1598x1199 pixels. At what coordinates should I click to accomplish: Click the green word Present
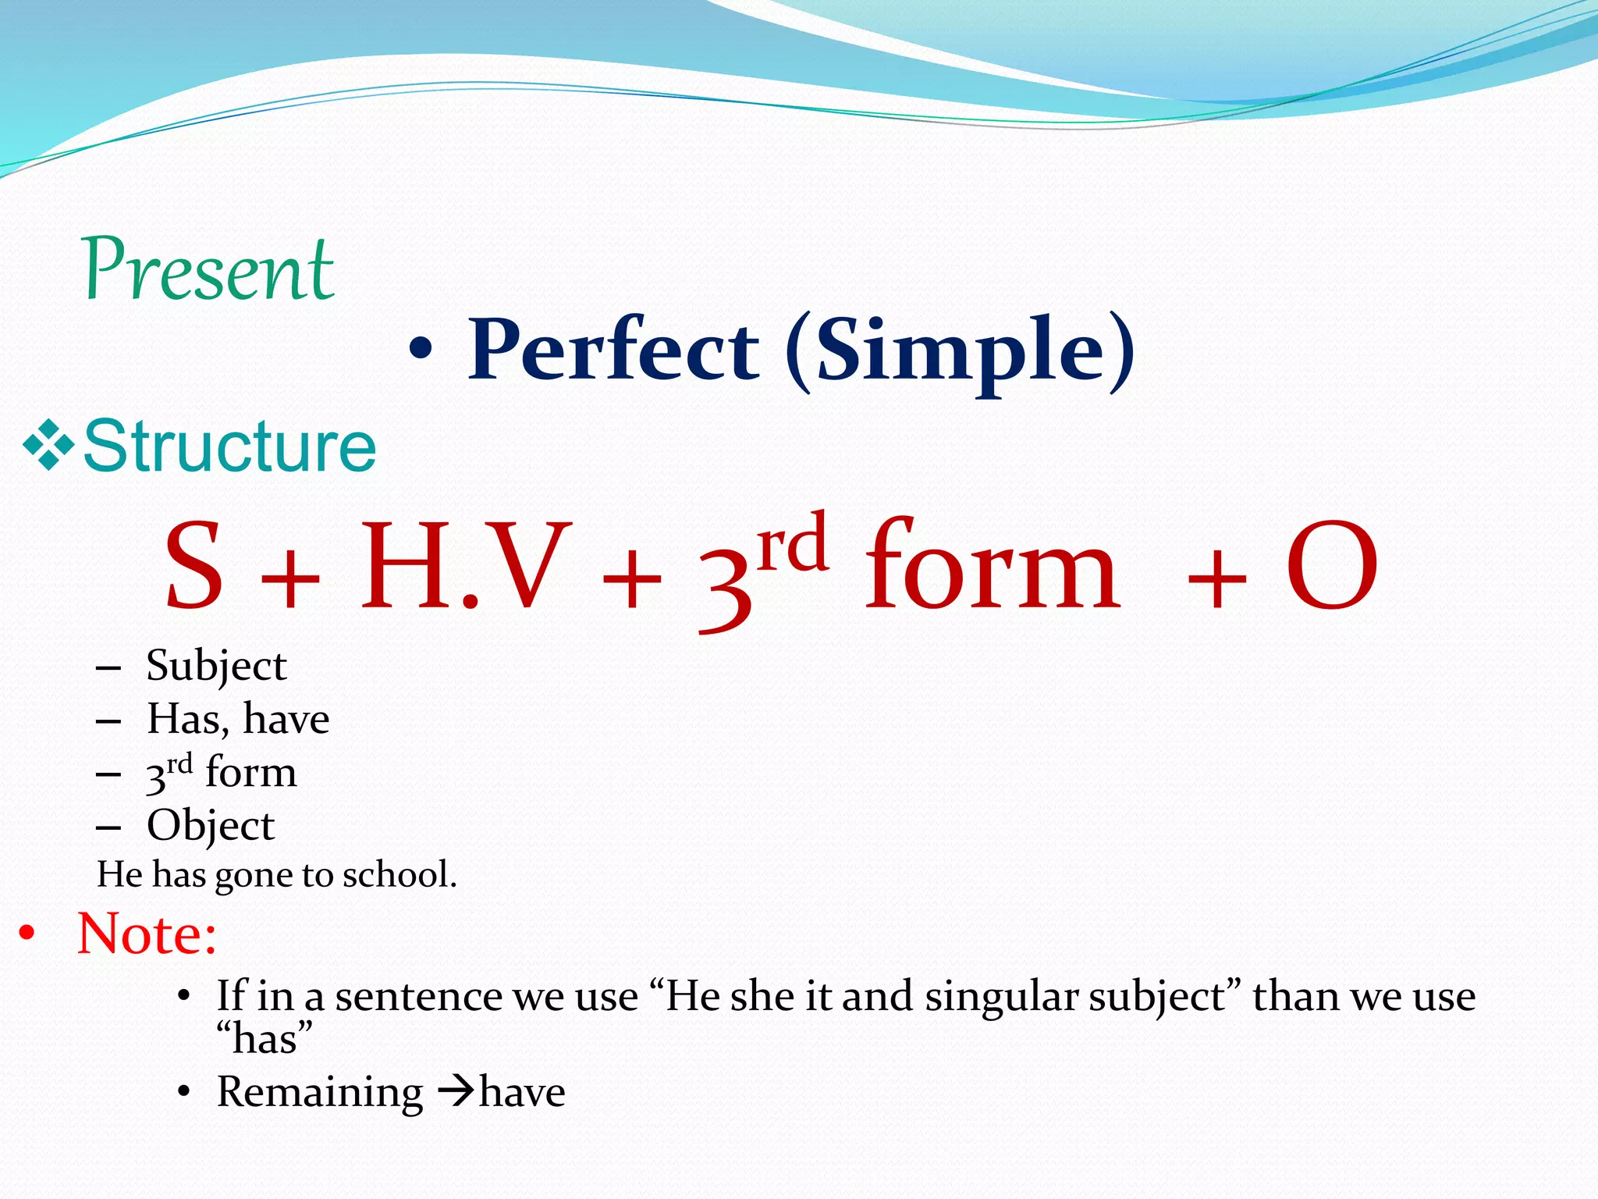click(x=208, y=269)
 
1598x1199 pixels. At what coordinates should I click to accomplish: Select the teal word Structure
click(x=229, y=447)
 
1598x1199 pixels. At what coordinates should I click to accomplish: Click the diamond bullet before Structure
click(x=48, y=446)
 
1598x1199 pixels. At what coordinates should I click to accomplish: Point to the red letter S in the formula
click(x=194, y=566)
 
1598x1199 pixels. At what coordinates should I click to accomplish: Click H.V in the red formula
click(x=465, y=566)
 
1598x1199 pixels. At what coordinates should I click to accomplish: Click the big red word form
click(x=993, y=566)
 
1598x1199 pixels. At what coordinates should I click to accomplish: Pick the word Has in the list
click(x=186, y=719)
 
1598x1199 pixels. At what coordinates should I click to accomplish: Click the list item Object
click(x=211, y=826)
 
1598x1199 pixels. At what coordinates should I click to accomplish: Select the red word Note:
click(x=147, y=934)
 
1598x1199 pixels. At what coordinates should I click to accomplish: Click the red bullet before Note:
click(x=27, y=934)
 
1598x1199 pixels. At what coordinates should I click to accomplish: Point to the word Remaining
click(x=320, y=1092)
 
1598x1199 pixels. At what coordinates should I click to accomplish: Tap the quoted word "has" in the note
click(x=265, y=1039)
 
